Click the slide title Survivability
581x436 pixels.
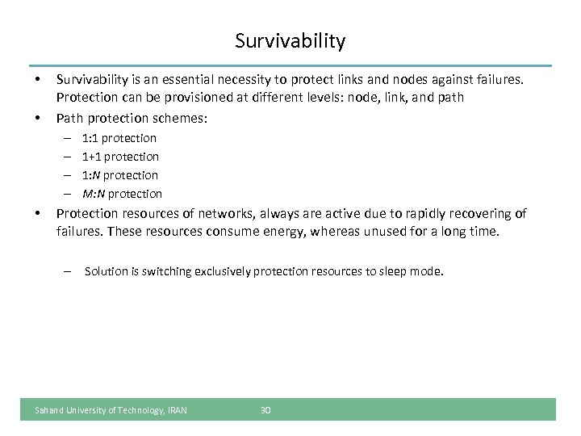[290, 40]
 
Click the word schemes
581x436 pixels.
[183, 118]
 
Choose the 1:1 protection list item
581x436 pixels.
[119, 138]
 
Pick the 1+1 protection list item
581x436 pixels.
[120, 157]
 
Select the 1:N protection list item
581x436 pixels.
[120, 175]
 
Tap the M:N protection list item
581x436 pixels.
[122, 194]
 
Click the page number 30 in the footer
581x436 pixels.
[265, 410]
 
